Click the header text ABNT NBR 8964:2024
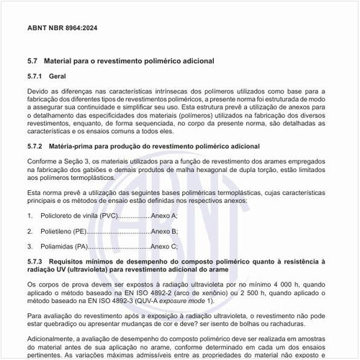63,28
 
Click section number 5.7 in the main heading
32,62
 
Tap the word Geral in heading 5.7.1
55,76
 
